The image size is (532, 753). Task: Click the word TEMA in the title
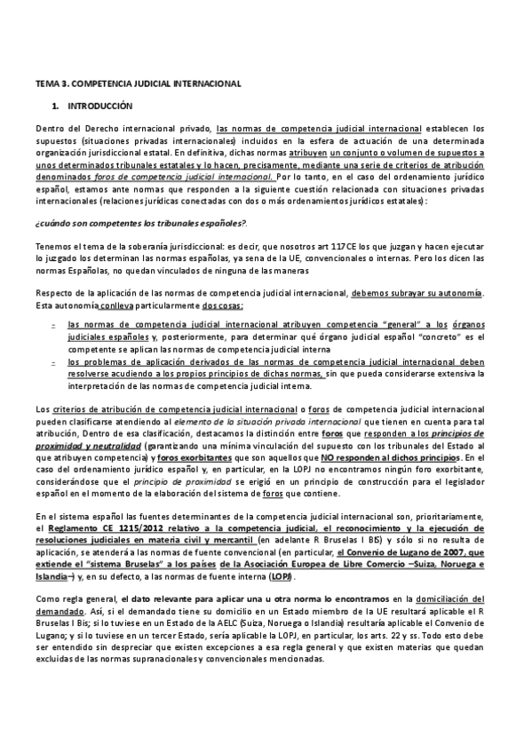[x=46, y=83]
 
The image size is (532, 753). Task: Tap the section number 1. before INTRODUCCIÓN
[x=56, y=105]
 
